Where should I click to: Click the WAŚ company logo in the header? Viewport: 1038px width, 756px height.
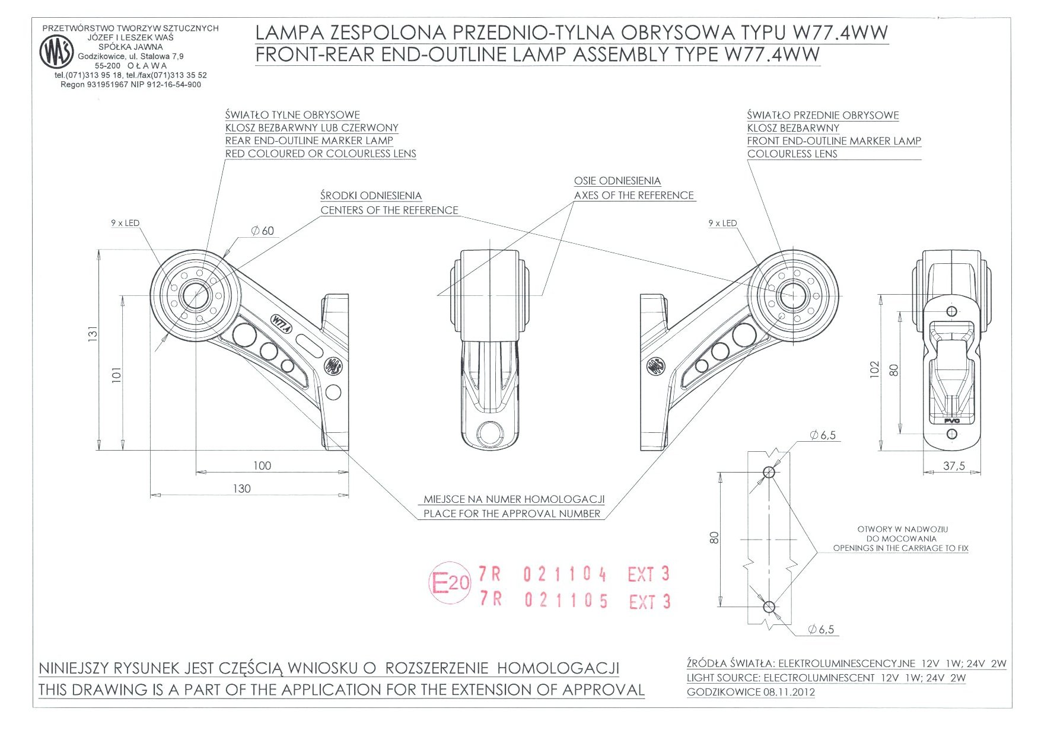[57, 52]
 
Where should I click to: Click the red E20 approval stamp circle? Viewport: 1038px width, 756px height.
[450, 583]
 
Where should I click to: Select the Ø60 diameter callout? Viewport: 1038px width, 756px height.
[263, 231]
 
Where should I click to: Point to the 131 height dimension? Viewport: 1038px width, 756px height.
[92, 334]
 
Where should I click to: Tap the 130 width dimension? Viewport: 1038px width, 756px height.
[241, 489]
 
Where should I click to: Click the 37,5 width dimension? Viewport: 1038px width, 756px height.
[954, 466]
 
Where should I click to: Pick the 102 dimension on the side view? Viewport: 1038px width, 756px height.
[874, 369]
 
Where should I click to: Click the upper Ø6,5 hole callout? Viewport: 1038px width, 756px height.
[823, 435]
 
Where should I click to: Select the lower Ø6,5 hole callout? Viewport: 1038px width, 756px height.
[821, 630]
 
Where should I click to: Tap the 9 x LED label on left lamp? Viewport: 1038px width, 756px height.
[125, 224]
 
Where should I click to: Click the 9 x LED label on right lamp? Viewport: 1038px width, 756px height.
[722, 224]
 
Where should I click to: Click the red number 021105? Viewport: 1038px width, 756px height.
[566, 601]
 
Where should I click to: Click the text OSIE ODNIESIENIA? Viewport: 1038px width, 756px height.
[617, 181]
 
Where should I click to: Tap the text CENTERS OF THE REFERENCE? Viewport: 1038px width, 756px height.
[389, 210]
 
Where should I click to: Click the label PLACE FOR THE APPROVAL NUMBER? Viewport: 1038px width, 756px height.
[511, 513]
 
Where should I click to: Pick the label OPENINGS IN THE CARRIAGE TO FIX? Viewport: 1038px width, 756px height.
[900, 548]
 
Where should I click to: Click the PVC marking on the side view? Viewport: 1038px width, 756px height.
[951, 421]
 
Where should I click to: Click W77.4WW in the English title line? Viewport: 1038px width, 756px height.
[772, 55]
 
